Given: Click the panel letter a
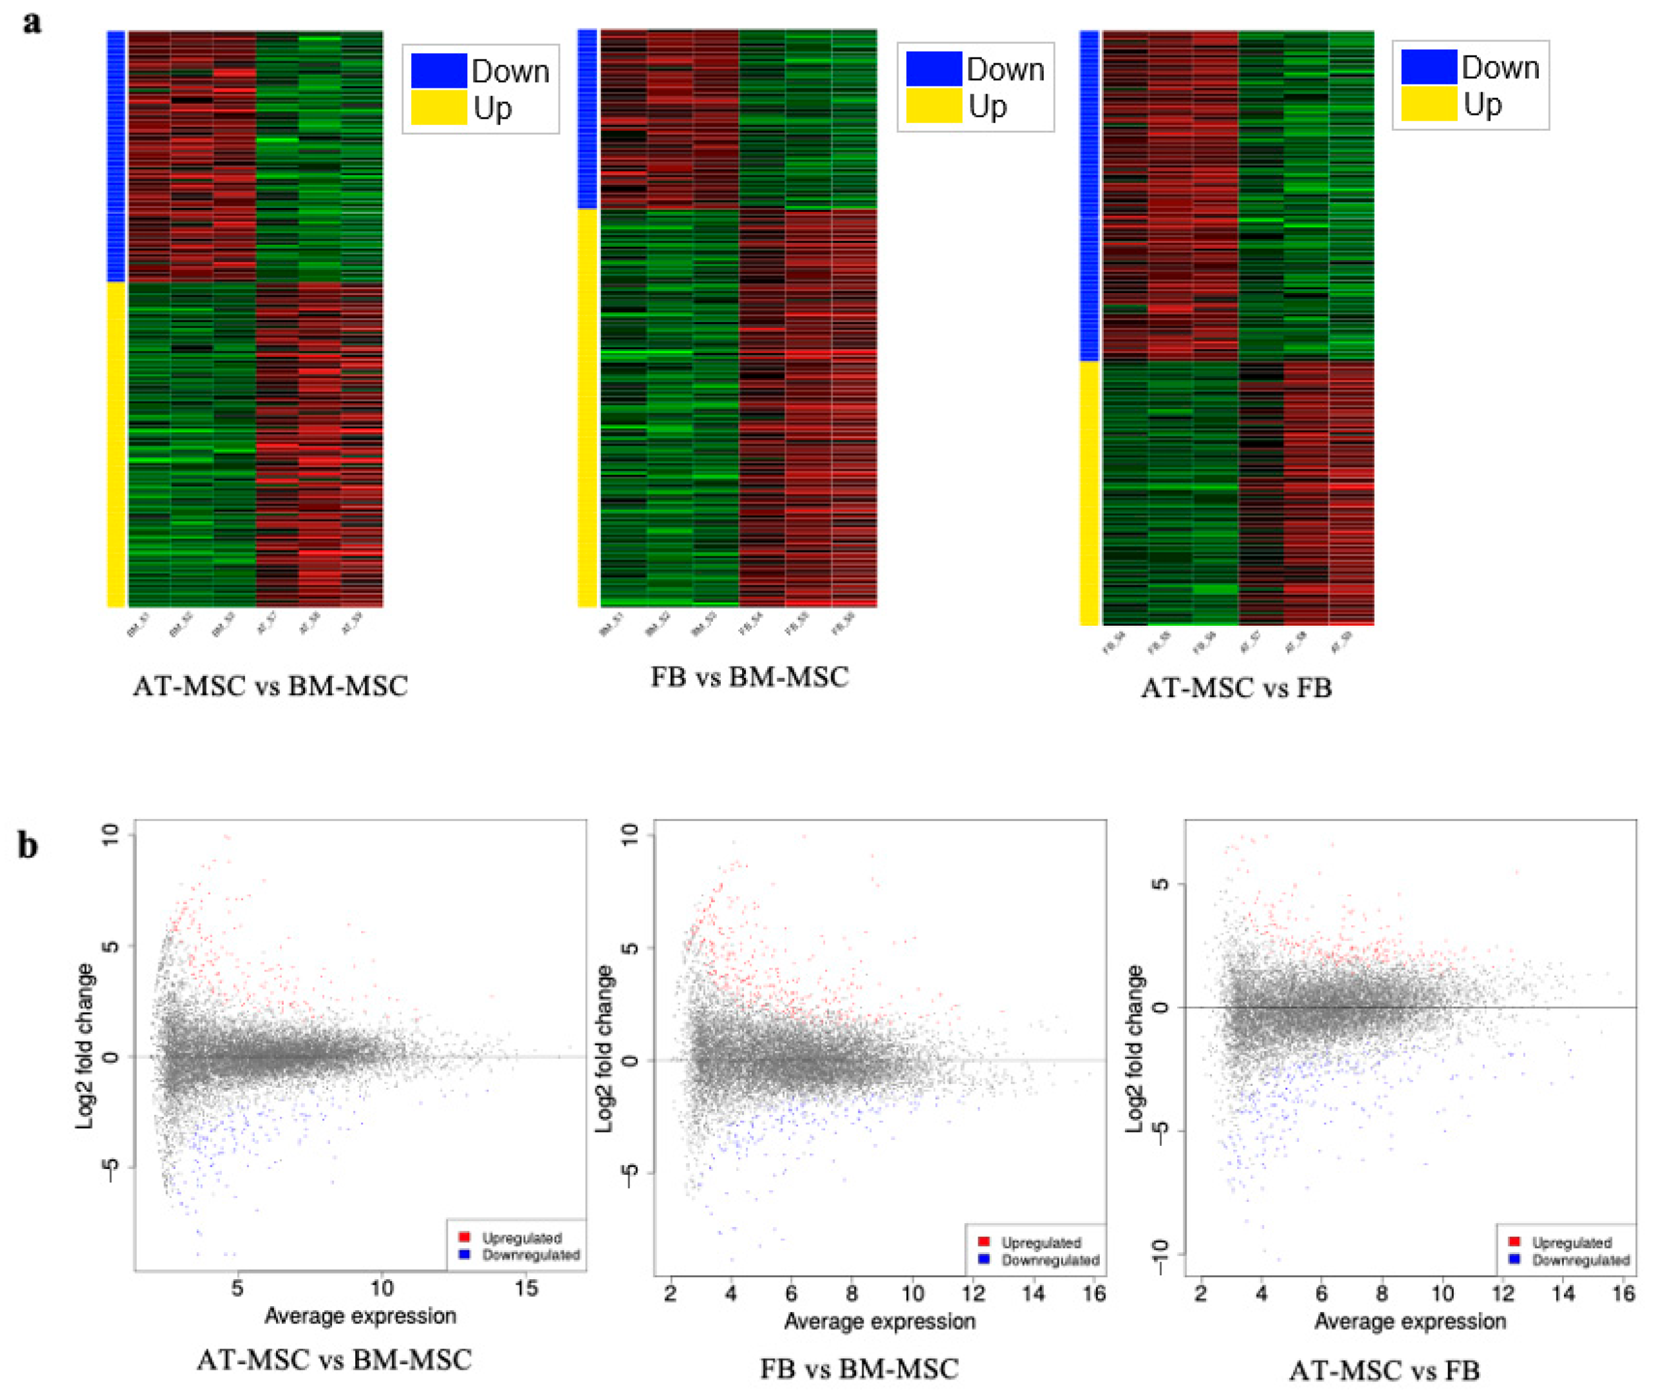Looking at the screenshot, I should pos(32,22).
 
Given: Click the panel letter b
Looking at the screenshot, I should pos(28,846).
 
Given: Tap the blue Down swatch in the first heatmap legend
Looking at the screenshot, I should pos(438,71).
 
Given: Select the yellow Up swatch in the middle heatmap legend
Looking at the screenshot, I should pos(933,106).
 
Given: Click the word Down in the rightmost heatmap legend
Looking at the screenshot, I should pos(1500,68).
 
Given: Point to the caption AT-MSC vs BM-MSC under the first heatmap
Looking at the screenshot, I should pos(269,686).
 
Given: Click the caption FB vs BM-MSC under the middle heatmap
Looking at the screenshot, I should pos(749,677).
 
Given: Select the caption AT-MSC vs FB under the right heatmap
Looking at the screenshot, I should pos(1236,688).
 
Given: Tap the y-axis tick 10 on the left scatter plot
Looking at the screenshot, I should pos(110,834).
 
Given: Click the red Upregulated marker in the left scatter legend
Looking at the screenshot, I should pos(465,1237).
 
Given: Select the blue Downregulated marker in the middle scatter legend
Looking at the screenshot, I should pos(984,1259).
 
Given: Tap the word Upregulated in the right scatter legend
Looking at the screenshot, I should pos(1571,1242).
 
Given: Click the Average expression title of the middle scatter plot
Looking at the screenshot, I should pos(879,1321).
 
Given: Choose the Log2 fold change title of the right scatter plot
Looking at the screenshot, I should pos(1134,1048).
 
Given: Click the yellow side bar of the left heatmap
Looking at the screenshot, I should pos(116,444).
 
